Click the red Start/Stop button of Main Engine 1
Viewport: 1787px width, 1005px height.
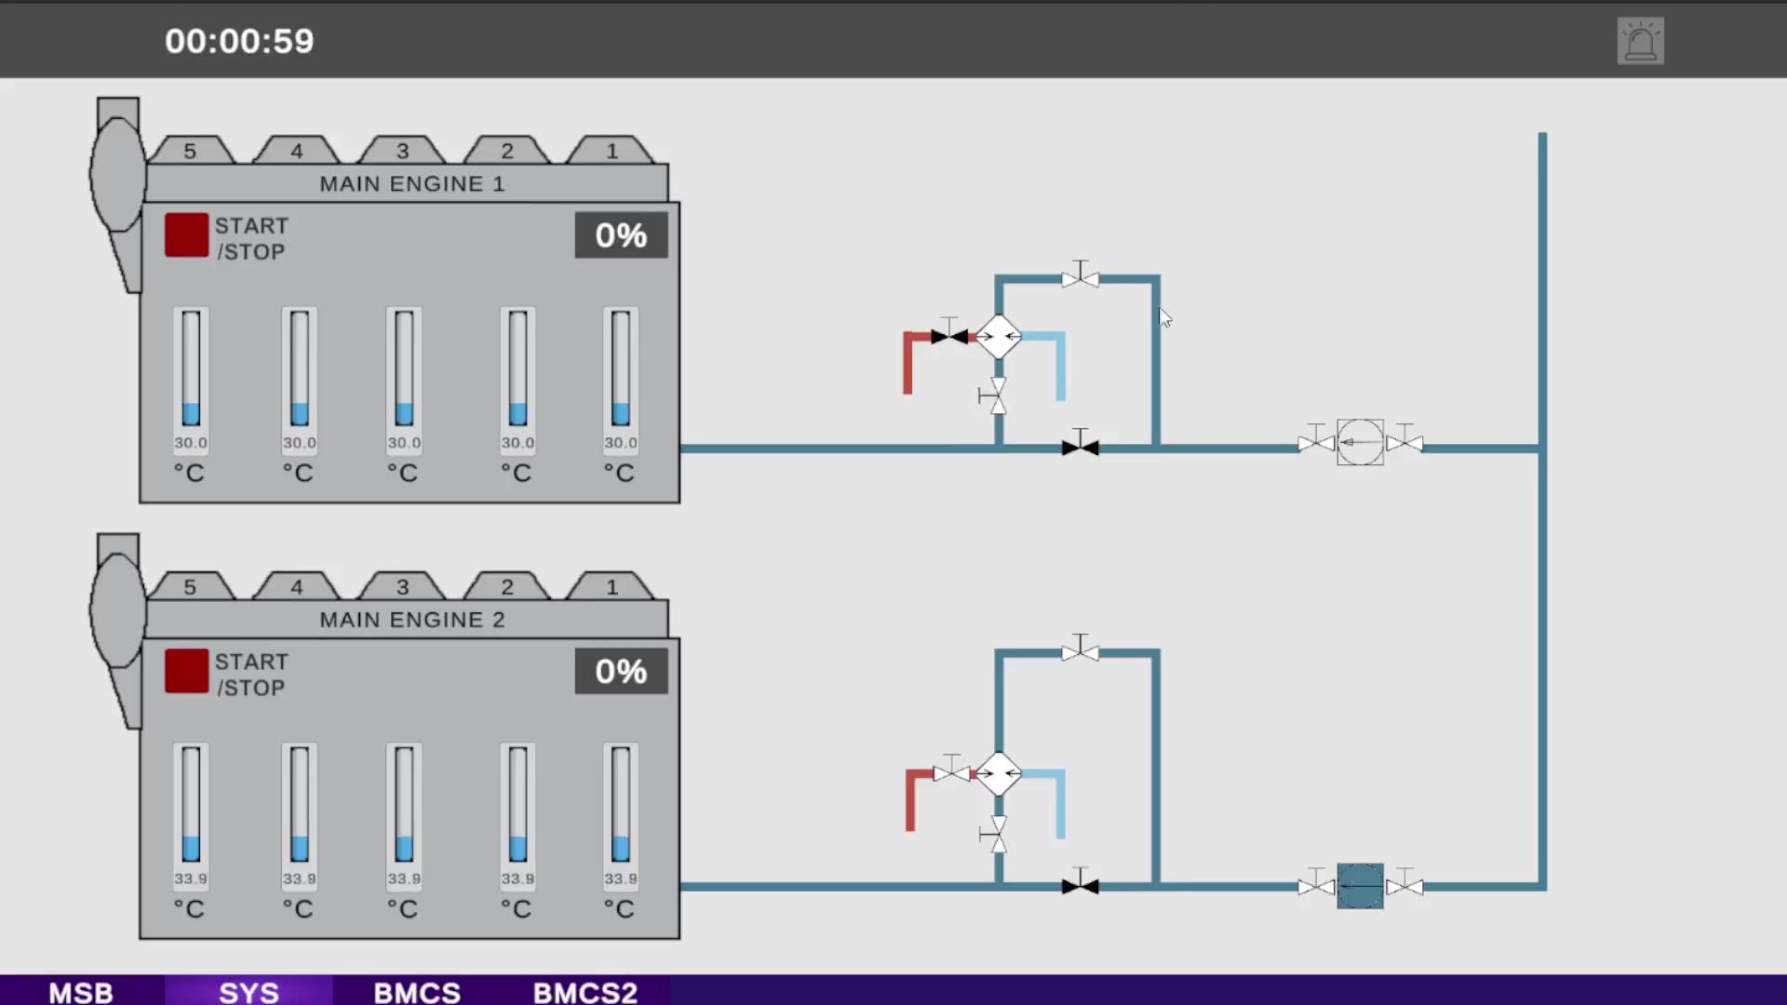click(x=186, y=234)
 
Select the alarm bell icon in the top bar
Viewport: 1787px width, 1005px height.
click(x=1640, y=41)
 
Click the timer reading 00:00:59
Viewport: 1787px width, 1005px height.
click(x=239, y=41)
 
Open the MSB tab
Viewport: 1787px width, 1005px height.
click(x=81, y=992)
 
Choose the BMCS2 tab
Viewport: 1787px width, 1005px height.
click(x=585, y=992)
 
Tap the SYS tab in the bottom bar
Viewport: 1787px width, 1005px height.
click(x=249, y=992)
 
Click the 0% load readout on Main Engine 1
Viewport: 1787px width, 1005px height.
click(x=621, y=235)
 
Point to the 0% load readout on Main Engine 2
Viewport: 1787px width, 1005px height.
click(x=621, y=671)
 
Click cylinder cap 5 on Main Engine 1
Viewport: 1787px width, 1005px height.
click(x=191, y=150)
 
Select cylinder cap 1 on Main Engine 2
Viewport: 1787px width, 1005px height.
click(x=611, y=586)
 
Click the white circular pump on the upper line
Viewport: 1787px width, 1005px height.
click(x=1360, y=443)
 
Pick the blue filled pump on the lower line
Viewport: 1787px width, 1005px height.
click(x=1360, y=886)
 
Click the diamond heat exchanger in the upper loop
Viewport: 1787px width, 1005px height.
click(x=999, y=336)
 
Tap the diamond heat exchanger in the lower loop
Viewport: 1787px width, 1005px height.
click(x=999, y=773)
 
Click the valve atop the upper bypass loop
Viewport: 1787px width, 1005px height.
click(x=1080, y=276)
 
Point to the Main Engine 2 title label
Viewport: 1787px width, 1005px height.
click(x=412, y=620)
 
